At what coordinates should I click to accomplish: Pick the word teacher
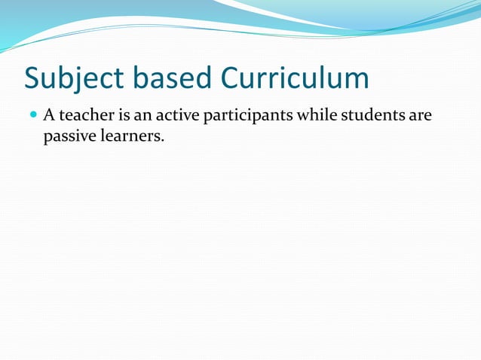(86, 116)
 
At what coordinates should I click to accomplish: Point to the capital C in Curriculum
(232, 78)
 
